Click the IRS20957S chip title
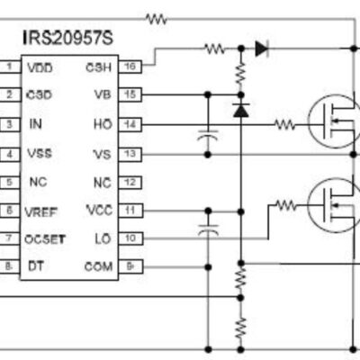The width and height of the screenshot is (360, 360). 68,39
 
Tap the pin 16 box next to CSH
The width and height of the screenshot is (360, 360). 130,67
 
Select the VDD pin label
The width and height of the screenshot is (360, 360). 40,68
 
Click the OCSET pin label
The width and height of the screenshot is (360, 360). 45,239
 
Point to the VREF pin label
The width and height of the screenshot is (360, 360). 40,212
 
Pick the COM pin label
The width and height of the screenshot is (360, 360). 99,266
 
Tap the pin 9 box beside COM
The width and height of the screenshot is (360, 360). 130,266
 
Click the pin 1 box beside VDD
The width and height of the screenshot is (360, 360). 10,67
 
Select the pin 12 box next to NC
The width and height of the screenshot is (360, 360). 130,183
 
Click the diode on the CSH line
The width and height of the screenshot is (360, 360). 262,49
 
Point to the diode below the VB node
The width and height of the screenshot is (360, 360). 241,110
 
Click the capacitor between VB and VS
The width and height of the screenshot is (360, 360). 208,136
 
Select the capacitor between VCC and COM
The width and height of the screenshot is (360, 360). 208,229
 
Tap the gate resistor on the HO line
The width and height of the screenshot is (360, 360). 285,125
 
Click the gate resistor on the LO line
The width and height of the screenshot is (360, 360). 286,205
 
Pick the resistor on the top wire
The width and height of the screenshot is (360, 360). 156,19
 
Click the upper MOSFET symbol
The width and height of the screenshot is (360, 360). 334,121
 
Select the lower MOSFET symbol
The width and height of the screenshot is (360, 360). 334,205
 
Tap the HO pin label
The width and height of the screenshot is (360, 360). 103,124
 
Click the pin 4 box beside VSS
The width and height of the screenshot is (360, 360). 10,154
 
